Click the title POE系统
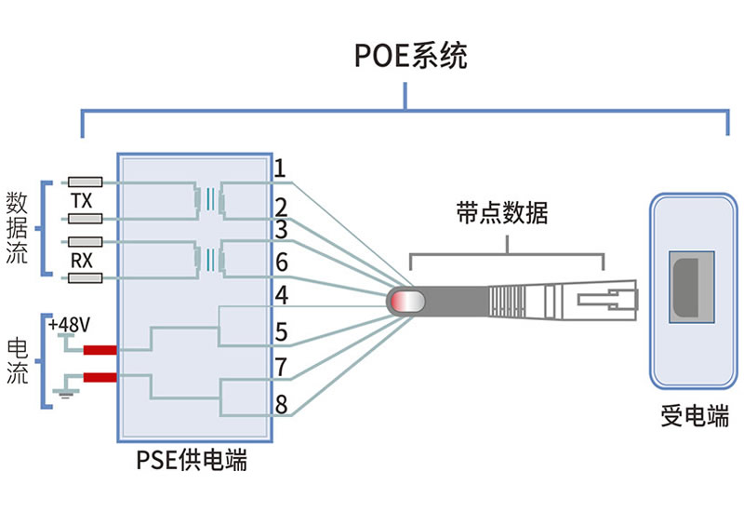click(x=410, y=55)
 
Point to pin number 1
click(x=280, y=168)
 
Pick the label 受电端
click(x=694, y=416)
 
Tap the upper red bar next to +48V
click(x=100, y=351)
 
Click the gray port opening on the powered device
click(x=689, y=287)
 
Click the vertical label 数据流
click(x=17, y=229)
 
